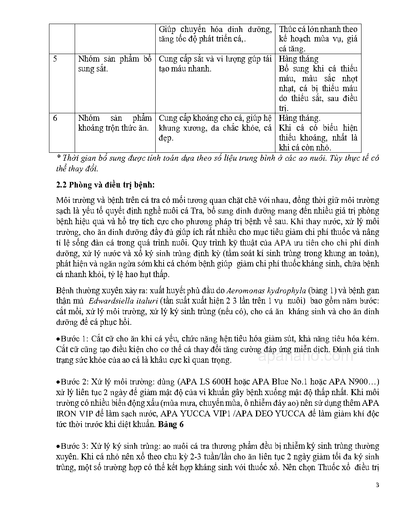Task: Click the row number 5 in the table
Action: click(55, 59)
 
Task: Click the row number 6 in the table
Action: click(55, 118)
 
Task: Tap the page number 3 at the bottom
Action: click(377, 485)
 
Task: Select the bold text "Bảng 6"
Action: click(170, 425)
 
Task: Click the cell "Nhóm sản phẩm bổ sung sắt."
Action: click(115, 64)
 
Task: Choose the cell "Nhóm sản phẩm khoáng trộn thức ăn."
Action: click(115, 123)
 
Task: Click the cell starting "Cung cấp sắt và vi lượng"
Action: click(215, 64)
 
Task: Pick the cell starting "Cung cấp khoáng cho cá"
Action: click(215, 128)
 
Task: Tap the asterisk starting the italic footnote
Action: click(58, 157)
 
